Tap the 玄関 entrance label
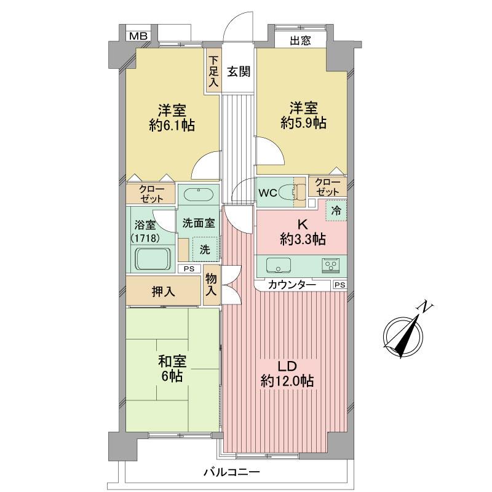[239, 70]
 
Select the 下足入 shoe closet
[213, 71]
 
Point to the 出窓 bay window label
[300, 41]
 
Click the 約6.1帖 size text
[172, 125]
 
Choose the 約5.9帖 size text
[303, 123]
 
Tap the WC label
[267, 192]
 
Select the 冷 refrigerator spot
[336, 210]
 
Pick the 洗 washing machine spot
[204, 250]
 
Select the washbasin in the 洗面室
[197, 195]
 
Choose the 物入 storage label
[211, 286]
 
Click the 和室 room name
[172, 361]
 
